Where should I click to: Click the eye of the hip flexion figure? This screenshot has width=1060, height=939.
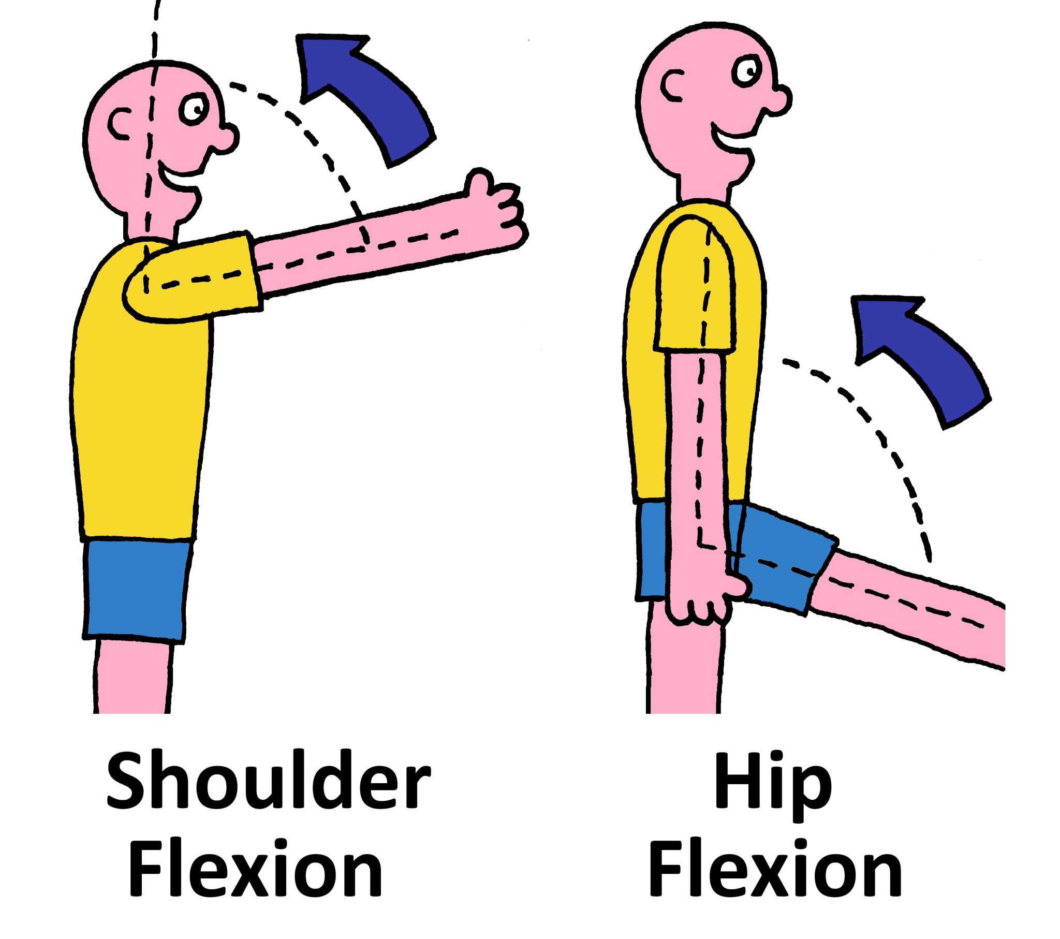click(747, 71)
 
